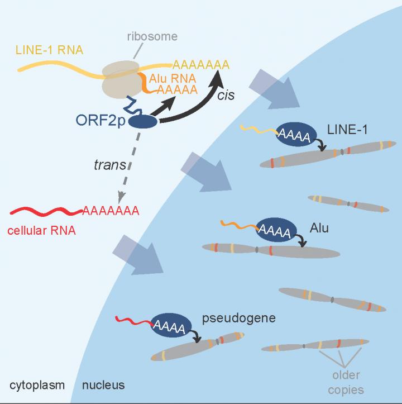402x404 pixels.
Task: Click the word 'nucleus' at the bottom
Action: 103,385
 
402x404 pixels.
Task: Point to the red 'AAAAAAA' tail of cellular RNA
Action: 111,212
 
